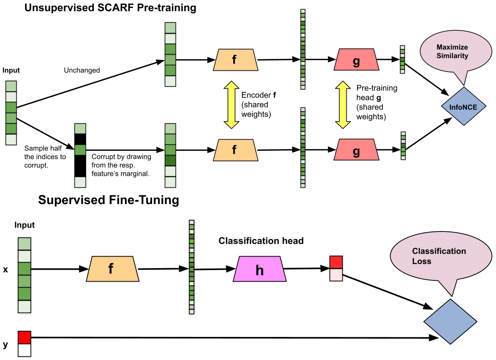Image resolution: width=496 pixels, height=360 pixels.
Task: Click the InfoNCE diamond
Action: pyautogui.click(x=464, y=106)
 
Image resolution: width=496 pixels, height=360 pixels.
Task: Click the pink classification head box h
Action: pyautogui.click(x=259, y=270)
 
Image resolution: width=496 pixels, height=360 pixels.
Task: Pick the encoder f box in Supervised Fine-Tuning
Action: pyautogui.click(x=113, y=269)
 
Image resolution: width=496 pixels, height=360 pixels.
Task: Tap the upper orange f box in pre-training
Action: pyautogui.click(x=234, y=60)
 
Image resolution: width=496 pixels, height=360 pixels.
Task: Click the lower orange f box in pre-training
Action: pyautogui.click(x=234, y=150)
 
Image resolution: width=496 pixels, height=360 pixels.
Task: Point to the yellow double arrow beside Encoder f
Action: pyautogui.click(x=230, y=105)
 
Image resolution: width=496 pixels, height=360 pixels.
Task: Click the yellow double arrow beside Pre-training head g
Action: pyautogui.click(x=342, y=105)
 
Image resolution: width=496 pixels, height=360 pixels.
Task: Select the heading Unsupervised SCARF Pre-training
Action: pyautogui.click(x=110, y=8)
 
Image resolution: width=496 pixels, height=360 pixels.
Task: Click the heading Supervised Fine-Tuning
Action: pyautogui.click(x=108, y=200)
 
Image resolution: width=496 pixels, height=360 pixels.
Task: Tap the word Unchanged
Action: pyautogui.click(x=82, y=70)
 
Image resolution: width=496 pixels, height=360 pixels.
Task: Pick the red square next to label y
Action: pyautogui.click(x=24, y=337)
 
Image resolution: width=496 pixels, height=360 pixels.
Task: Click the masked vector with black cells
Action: pyautogui.click(x=80, y=155)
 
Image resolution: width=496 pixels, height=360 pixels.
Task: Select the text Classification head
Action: pyautogui.click(x=261, y=241)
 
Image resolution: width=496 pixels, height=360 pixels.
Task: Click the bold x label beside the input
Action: pyautogui.click(x=6, y=269)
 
